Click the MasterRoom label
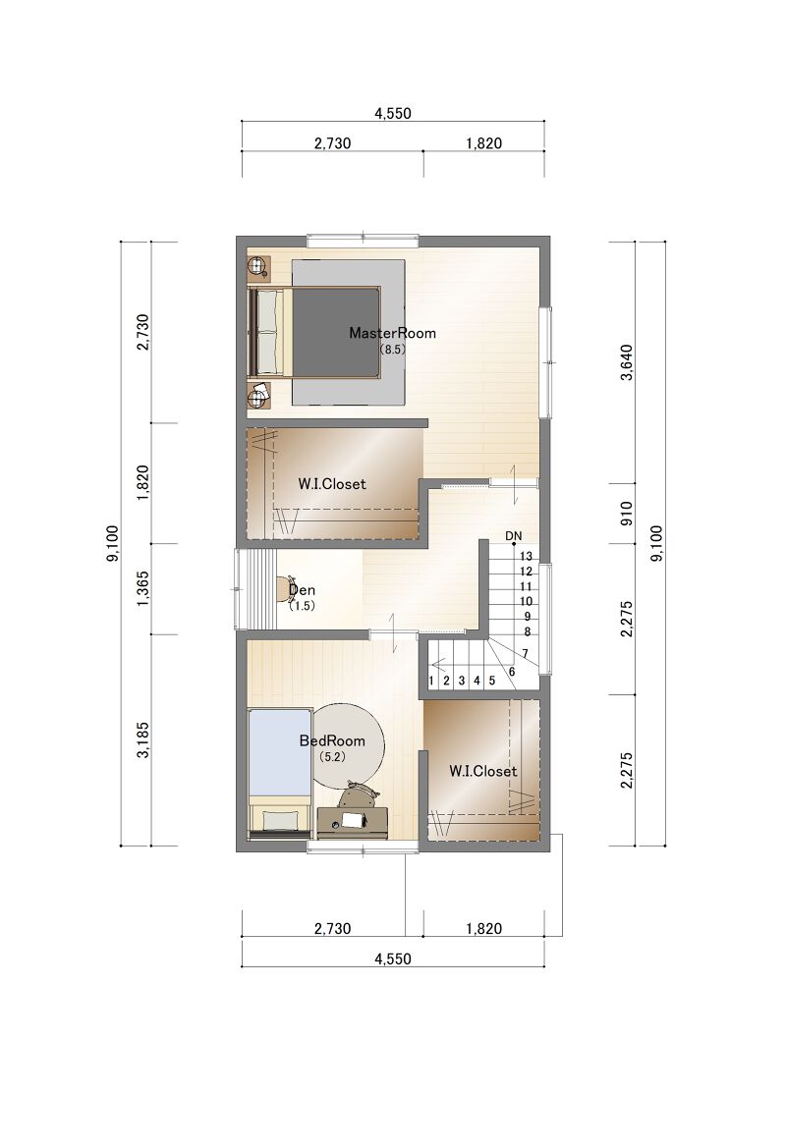click(392, 333)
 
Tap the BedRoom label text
click(332, 740)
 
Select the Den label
click(302, 590)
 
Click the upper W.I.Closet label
click(332, 484)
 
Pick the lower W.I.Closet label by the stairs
click(482, 771)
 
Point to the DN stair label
click(514, 536)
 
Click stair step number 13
click(526, 557)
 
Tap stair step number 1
click(430, 681)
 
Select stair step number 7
click(526, 653)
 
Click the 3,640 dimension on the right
click(626, 361)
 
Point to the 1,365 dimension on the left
click(142, 588)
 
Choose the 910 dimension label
click(626, 514)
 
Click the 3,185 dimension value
click(142, 739)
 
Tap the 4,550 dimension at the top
click(393, 114)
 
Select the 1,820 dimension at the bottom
click(484, 928)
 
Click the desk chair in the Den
click(283, 589)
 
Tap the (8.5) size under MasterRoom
click(392, 350)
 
